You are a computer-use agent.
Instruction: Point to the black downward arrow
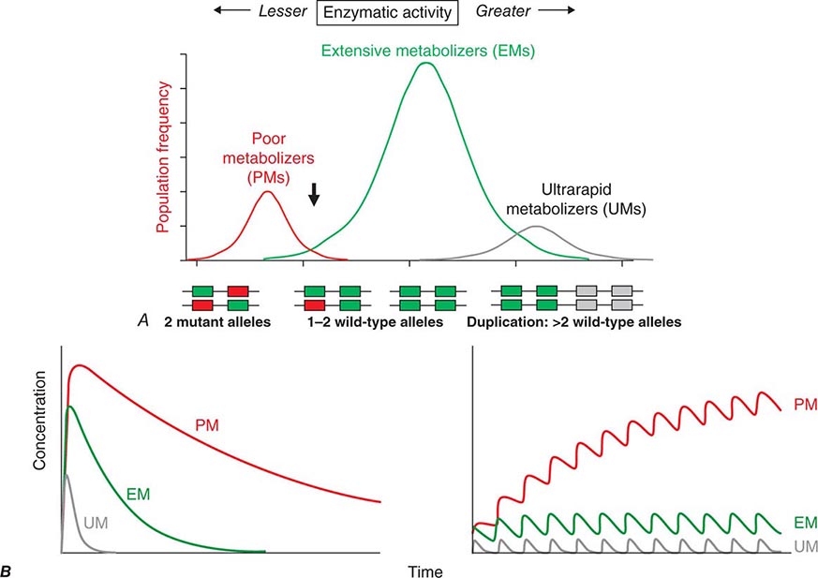315,193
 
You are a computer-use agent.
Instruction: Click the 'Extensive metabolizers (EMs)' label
427,50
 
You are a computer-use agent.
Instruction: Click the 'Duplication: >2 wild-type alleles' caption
573,322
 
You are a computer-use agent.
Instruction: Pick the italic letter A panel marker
142,321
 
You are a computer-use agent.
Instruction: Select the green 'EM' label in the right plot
804,522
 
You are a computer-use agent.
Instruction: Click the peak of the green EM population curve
426,64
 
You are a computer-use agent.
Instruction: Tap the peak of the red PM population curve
267,192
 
